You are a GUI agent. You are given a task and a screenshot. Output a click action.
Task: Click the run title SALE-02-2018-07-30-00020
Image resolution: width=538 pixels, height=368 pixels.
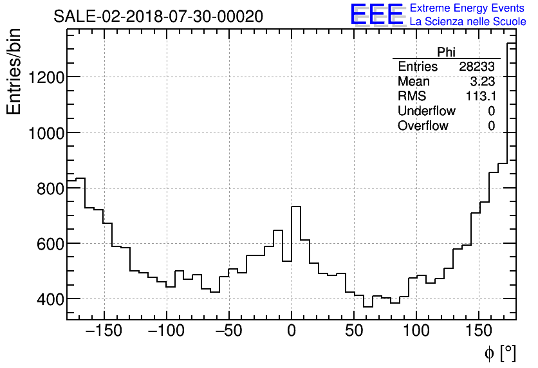pos(158,17)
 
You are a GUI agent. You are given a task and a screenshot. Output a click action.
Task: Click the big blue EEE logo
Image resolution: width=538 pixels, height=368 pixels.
pos(376,14)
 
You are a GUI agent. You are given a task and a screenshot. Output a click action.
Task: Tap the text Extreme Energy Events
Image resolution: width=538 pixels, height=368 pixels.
pos(468,8)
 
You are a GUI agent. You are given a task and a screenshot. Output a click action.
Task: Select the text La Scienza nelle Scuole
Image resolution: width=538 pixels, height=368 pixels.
pos(468,22)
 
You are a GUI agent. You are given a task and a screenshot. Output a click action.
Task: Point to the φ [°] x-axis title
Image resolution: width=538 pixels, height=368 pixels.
pos(499,353)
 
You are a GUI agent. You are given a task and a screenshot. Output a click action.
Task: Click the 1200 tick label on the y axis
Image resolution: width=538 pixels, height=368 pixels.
pos(46,77)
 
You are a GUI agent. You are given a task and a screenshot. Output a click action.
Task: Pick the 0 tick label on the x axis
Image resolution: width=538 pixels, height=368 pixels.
pos(292,332)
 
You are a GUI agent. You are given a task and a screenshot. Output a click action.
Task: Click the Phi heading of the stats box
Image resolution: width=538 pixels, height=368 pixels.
pos(447,52)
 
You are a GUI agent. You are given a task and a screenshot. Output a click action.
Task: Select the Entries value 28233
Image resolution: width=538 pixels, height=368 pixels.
pos(477,67)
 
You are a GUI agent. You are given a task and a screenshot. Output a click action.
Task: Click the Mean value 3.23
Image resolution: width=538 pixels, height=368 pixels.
pos(483,82)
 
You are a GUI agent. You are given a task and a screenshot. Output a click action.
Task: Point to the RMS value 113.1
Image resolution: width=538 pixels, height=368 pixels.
pos(480,97)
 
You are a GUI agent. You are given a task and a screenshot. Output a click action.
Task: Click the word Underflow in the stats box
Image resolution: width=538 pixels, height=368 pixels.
pos(426,111)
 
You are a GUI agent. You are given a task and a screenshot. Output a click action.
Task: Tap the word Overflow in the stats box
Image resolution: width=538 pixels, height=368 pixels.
pos(423,126)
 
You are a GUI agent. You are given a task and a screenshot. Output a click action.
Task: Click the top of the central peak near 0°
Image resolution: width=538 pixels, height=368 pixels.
pos(296,207)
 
